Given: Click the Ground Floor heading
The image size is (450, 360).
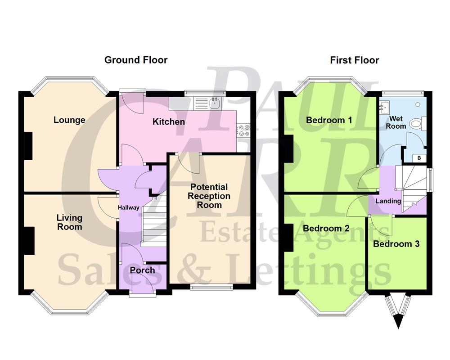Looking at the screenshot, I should pyautogui.click(x=136, y=60).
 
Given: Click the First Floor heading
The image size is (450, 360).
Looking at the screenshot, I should pyautogui.click(x=355, y=60).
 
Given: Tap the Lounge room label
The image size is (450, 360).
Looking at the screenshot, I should pyautogui.click(x=69, y=120).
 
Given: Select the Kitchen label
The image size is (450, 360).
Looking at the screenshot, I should pyautogui.click(x=169, y=122).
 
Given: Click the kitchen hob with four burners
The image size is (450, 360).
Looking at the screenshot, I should pyautogui.click(x=244, y=130).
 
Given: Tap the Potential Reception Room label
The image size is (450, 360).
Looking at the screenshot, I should pyautogui.click(x=209, y=196).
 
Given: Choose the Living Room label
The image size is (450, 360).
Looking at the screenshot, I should pyautogui.click(x=69, y=222).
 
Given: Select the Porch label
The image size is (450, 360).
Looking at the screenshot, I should pyautogui.click(x=142, y=270).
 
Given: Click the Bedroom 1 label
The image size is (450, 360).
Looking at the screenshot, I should pyautogui.click(x=329, y=120).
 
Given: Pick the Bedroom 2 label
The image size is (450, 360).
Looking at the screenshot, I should pyautogui.click(x=328, y=228).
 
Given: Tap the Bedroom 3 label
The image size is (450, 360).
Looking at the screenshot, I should pyautogui.click(x=396, y=244).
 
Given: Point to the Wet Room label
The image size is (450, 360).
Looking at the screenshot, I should pyautogui.click(x=396, y=122).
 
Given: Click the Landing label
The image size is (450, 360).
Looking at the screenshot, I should pyautogui.click(x=388, y=201).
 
